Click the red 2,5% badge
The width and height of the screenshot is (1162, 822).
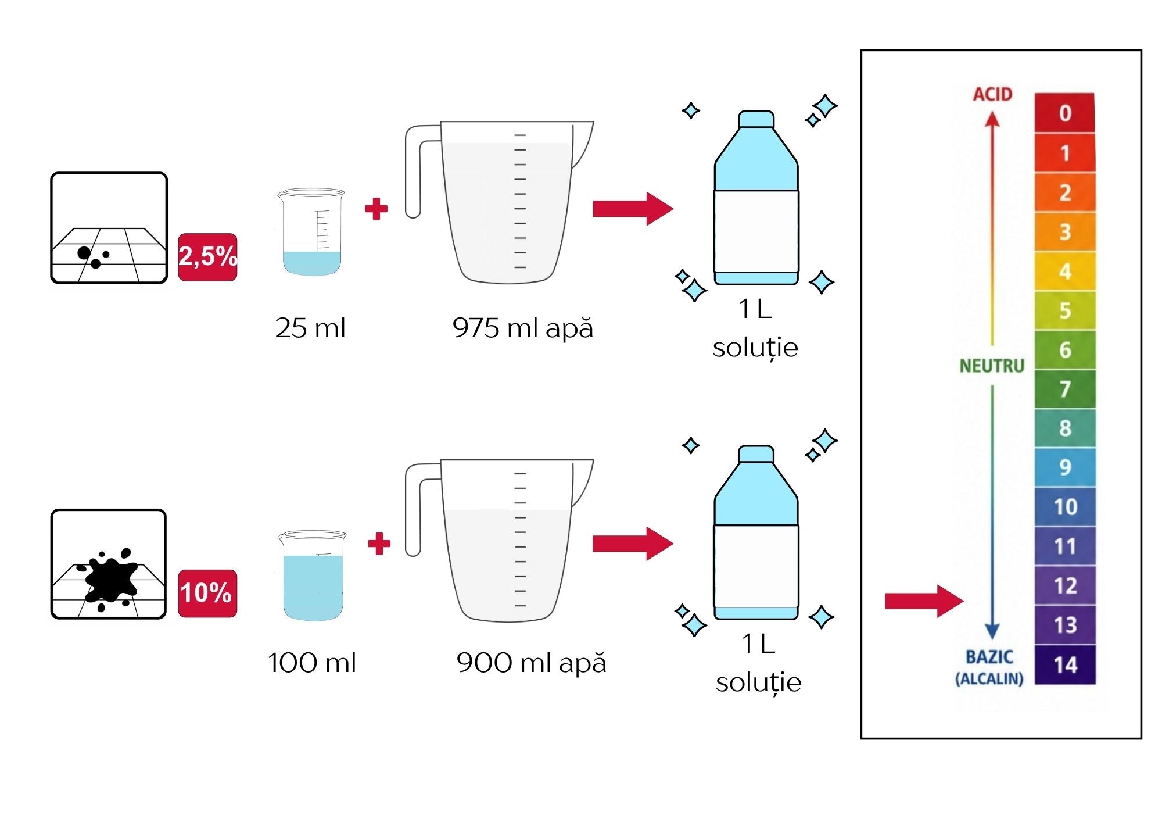click(x=207, y=257)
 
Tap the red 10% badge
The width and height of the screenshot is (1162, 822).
click(x=207, y=593)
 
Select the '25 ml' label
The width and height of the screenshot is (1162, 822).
click(x=310, y=328)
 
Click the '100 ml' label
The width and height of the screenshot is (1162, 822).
click(x=312, y=663)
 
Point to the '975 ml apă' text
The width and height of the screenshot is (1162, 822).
click(x=523, y=328)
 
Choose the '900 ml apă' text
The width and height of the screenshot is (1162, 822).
click(x=532, y=663)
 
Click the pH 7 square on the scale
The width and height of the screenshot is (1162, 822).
click(x=1065, y=388)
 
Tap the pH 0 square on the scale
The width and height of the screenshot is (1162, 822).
click(x=1065, y=112)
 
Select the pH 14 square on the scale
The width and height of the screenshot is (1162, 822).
click(x=1065, y=664)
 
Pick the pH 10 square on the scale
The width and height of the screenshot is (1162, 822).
click(x=1065, y=506)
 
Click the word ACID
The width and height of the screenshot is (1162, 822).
click(x=993, y=94)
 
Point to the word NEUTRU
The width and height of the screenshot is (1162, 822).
click(x=992, y=366)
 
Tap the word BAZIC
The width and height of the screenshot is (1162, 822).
click(x=989, y=657)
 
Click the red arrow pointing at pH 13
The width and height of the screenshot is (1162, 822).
click(x=924, y=601)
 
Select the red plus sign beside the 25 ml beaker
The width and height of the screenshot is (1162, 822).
click(x=376, y=209)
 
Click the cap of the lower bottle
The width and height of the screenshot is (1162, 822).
click(x=756, y=454)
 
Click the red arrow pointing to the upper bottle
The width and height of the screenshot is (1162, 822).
click(x=633, y=209)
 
